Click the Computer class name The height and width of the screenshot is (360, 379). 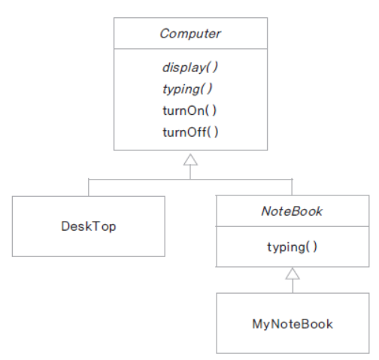(190, 34)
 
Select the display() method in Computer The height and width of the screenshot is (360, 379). (190, 68)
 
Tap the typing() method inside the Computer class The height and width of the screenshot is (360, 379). (187, 89)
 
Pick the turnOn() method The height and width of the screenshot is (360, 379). (189, 110)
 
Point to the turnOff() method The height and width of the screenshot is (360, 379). (190, 132)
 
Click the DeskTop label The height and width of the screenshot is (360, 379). (89, 226)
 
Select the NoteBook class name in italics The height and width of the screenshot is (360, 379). (292, 211)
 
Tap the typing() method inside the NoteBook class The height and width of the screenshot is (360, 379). (293, 247)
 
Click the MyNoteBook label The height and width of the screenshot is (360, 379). (293, 324)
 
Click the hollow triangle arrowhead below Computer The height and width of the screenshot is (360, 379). (190, 160)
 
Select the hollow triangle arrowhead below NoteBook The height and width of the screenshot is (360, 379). (293, 274)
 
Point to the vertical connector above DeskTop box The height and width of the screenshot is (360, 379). (89, 188)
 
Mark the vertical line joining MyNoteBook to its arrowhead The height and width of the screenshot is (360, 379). (293, 286)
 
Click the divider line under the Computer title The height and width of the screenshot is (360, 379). (190, 49)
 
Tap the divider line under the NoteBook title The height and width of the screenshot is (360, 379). (293, 226)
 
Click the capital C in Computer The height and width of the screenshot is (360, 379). (165, 34)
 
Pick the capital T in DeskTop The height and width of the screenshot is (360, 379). (99, 226)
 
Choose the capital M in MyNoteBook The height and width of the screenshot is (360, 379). (257, 323)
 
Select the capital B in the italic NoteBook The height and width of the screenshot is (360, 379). (296, 211)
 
